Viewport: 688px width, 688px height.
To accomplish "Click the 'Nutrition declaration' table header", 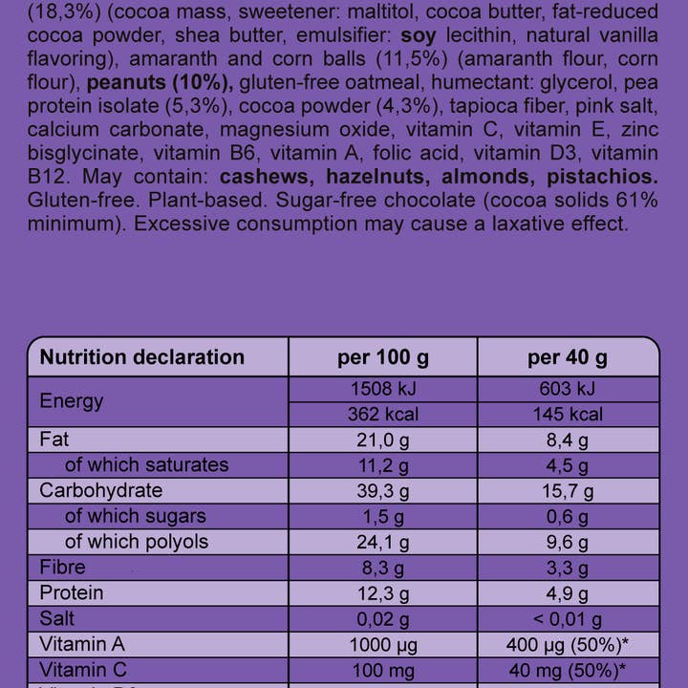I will pyautogui.click(x=142, y=357).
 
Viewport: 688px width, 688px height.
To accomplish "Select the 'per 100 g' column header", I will pyautogui.click(x=382, y=357).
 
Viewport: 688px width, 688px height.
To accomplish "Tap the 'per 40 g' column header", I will pyautogui.click(x=568, y=357).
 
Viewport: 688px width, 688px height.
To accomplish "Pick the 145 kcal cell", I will pyautogui.click(x=568, y=415).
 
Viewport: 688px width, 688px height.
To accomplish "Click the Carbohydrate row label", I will pyautogui.click(x=100, y=490).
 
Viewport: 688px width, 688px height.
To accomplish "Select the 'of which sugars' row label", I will pyautogui.click(x=135, y=516).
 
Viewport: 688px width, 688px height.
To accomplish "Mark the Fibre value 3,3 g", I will pyautogui.click(x=568, y=568).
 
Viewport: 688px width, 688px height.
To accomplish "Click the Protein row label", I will pyautogui.click(x=72, y=592).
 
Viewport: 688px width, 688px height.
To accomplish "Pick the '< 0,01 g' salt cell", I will pyautogui.click(x=568, y=619).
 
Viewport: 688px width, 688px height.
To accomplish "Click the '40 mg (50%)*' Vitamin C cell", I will pyautogui.click(x=568, y=670).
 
